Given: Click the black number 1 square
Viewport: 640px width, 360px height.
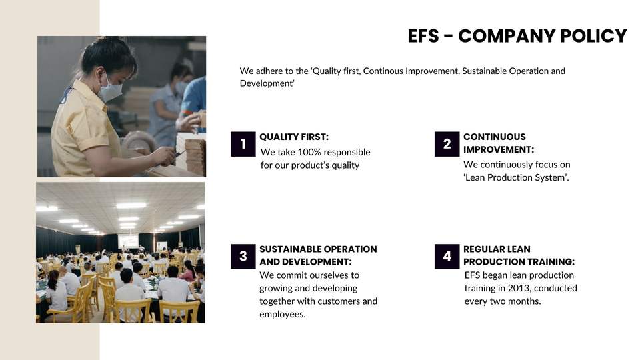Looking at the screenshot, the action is (243, 144).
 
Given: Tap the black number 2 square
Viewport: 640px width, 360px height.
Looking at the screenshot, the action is (447, 144).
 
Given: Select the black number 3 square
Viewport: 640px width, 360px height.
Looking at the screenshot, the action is (243, 256).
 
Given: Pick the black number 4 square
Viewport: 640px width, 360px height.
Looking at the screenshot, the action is (447, 256).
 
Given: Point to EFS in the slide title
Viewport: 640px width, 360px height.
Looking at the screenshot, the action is (423, 36).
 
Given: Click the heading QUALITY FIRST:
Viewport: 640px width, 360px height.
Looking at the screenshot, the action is (294, 137).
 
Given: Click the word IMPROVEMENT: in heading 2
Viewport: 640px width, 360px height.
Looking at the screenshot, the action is (499, 149).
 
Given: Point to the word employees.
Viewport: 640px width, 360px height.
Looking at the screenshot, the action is (283, 314).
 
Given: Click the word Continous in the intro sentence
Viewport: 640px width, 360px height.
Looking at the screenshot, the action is (383, 71).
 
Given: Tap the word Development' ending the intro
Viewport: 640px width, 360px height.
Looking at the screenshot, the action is (267, 83).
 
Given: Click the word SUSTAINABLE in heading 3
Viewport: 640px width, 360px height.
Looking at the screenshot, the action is (288, 249).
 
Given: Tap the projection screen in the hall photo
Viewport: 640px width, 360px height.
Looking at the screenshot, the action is (128, 241).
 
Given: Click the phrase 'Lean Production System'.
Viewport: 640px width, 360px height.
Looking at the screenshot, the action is (516, 177).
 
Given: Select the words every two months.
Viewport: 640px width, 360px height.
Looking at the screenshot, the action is (503, 301).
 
